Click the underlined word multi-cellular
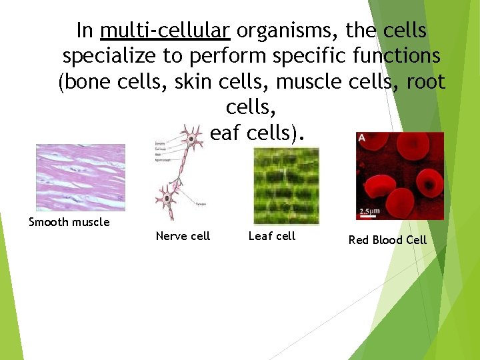click(x=165, y=31)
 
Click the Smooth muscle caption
click(x=69, y=222)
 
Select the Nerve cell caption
click(x=183, y=236)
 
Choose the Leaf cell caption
click(x=271, y=236)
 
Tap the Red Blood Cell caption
click(x=387, y=240)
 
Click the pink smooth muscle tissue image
click(x=80, y=177)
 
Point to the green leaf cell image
click(x=286, y=185)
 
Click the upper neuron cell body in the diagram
click(x=193, y=139)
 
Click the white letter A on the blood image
click(x=362, y=137)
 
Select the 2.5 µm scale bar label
click(x=371, y=212)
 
